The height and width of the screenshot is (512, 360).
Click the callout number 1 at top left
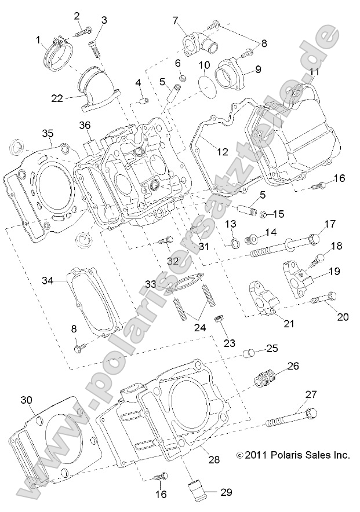38,40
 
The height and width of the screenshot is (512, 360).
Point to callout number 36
85,126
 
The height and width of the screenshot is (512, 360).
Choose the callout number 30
26,400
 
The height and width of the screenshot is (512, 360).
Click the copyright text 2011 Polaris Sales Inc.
293,456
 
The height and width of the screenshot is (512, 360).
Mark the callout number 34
47,280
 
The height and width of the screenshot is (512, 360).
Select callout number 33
150,284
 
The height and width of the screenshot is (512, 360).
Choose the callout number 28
214,460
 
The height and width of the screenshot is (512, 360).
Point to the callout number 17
330,224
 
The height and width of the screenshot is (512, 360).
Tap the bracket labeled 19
298,272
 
